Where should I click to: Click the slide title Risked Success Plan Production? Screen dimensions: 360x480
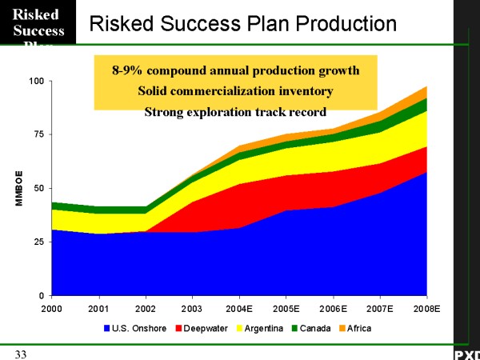(x=243, y=23)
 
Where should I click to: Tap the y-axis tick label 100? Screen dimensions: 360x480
(x=37, y=82)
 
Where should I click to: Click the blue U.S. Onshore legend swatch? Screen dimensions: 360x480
(x=106, y=327)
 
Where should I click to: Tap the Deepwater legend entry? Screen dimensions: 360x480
(x=200, y=327)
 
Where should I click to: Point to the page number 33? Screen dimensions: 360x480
(x=19, y=353)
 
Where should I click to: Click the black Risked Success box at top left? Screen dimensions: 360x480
(x=38, y=23)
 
